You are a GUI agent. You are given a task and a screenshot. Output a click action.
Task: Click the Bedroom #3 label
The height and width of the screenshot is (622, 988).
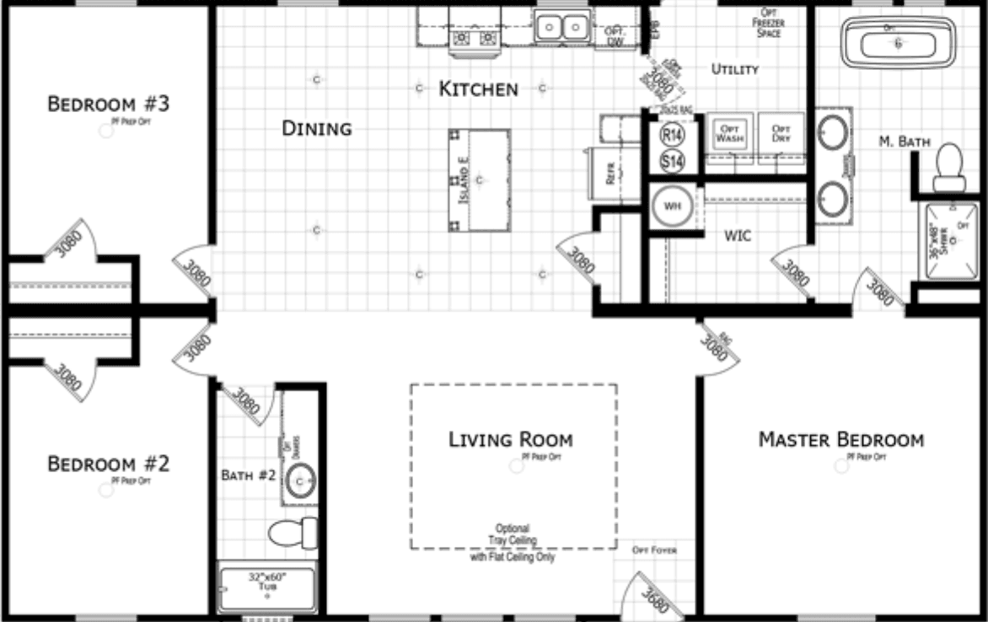click(x=109, y=105)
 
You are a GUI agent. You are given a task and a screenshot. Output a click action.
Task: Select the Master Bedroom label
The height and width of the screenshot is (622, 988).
click(x=840, y=440)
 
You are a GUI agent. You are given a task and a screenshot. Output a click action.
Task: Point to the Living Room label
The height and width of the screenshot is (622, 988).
click(x=511, y=440)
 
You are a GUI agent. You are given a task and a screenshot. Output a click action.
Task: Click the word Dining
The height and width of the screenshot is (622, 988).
click(x=316, y=129)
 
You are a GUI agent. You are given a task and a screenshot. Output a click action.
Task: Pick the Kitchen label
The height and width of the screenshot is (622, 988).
click(x=478, y=88)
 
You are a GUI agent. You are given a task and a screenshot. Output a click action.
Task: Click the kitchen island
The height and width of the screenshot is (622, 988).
click(x=480, y=180)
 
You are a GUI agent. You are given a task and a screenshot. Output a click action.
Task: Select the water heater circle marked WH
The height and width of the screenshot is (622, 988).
click(x=672, y=206)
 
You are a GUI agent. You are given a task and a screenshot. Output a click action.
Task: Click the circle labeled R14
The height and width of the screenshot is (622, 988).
click(x=672, y=134)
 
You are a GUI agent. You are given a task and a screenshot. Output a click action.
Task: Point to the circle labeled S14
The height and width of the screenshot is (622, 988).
click(x=672, y=160)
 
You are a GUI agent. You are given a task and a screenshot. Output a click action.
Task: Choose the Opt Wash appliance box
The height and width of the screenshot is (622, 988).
click(x=729, y=133)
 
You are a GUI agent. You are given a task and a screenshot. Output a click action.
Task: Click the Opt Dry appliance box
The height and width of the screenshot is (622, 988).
click(x=781, y=133)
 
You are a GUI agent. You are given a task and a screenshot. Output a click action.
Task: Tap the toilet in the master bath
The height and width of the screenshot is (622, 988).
click(x=950, y=167)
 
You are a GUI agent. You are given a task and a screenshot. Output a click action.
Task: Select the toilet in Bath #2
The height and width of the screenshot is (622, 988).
click(x=292, y=533)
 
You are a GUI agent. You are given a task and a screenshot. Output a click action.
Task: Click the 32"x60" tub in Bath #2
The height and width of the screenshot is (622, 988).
click(x=266, y=587)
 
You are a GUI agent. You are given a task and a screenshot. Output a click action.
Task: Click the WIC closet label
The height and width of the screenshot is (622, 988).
click(x=738, y=237)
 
